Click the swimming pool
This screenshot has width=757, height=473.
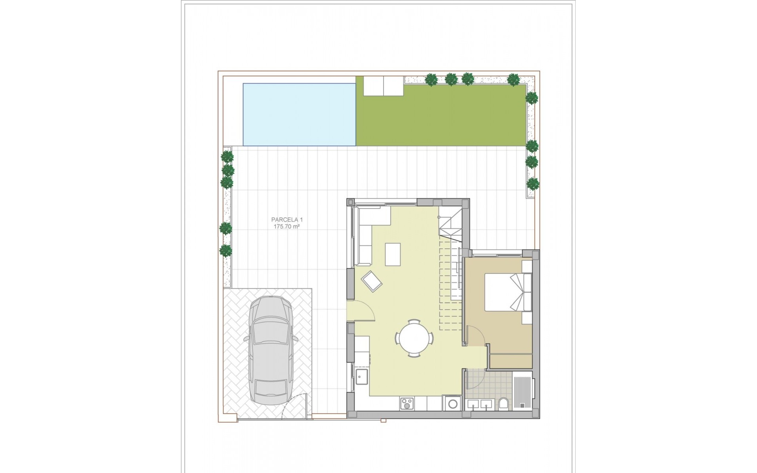299,114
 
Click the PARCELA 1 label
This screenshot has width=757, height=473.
287,220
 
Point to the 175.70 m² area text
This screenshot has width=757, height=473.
287,227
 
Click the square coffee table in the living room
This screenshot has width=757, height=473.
393,255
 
